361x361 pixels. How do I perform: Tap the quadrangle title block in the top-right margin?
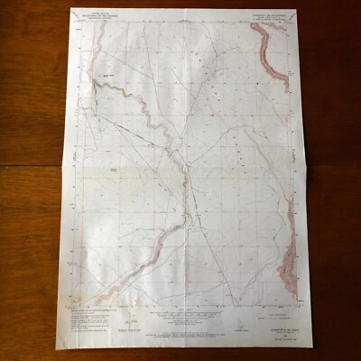(267, 14)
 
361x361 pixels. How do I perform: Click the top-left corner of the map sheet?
(70, 10)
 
